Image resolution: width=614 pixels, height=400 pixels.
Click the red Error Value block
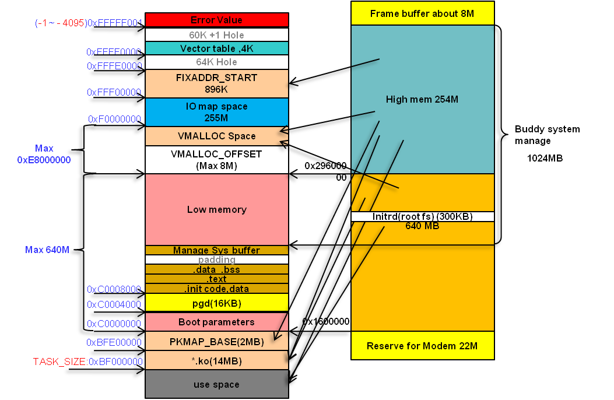[216, 20]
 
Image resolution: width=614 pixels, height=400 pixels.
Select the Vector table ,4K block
[216, 48]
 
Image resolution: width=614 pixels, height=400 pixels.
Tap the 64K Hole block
[216, 62]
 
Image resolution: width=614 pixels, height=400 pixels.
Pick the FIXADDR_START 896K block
[216, 83]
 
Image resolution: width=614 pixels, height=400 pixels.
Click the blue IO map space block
[216, 112]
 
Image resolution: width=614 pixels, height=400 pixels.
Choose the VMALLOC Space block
[216, 136]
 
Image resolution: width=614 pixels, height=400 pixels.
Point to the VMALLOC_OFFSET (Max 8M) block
[216, 160]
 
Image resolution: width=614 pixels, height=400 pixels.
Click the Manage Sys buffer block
[216, 250]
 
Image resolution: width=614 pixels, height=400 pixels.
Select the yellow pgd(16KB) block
[216, 303]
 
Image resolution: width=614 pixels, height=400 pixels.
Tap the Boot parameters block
[216, 322]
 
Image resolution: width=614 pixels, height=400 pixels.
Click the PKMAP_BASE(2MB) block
[216, 342]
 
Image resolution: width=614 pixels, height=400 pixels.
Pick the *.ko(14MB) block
[216, 361]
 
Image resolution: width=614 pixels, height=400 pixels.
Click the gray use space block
[216, 384]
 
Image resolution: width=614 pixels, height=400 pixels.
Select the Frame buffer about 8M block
[422, 13]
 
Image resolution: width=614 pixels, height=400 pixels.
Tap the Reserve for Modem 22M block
[422, 346]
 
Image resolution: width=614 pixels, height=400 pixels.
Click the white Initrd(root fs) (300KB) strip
[422, 216]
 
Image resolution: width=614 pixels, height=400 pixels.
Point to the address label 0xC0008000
[114, 289]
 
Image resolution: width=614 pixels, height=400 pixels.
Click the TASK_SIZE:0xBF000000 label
[87, 362]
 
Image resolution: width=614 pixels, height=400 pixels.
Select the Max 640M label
[47, 250]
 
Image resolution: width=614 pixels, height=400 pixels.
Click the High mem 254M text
[422, 100]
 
